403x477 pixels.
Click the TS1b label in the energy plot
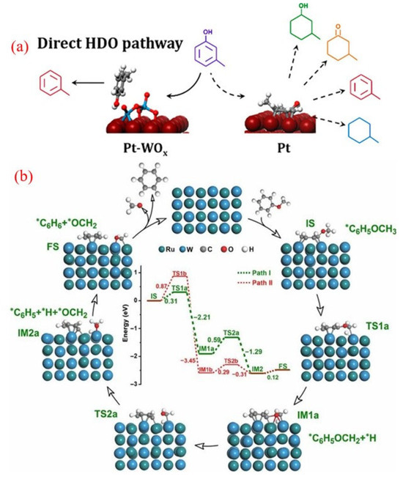click(179, 273)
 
